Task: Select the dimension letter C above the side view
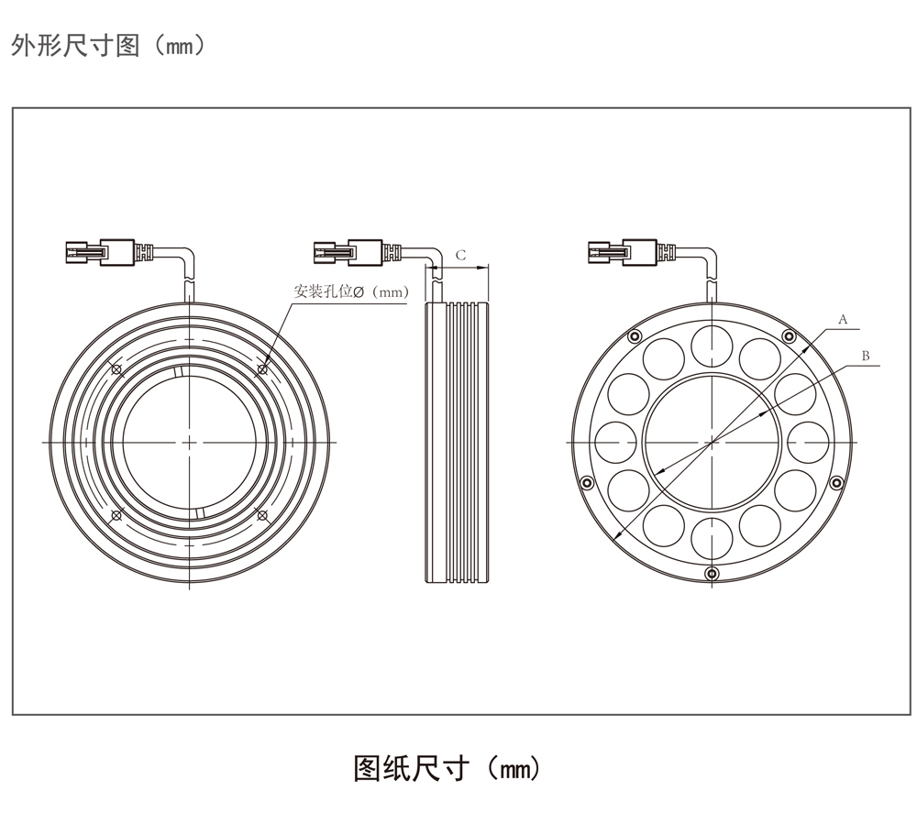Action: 460,255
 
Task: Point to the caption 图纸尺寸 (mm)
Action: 447,767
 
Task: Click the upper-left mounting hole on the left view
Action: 116,369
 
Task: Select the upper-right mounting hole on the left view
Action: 262,369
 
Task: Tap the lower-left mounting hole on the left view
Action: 116,515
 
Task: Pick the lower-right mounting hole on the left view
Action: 262,515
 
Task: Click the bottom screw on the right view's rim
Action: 713,574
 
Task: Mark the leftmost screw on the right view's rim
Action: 584,482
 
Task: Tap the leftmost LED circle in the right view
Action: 615,442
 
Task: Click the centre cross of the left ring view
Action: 187,442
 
